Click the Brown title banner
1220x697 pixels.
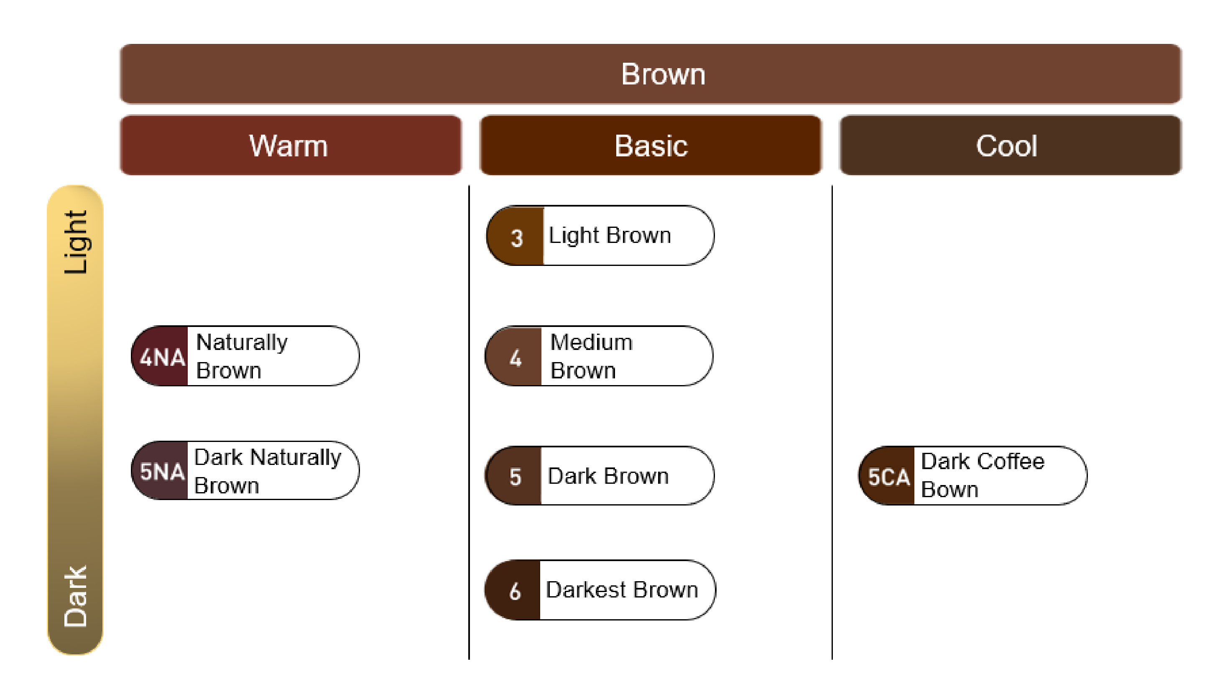coord(651,74)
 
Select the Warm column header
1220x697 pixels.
coord(291,145)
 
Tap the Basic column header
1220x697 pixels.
coord(651,145)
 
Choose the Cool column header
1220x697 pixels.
coord(1011,145)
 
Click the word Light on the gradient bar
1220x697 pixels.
coord(76,242)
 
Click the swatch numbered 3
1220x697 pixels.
coord(515,235)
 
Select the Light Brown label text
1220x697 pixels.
coord(610,235)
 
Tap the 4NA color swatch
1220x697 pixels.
coord(160,356)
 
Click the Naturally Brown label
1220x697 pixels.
coord(242,356)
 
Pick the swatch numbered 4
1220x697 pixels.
coord(513,356)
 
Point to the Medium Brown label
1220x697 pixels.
coord(592,356)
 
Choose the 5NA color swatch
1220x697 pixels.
coord(160,470)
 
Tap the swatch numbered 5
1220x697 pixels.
coord(513,476)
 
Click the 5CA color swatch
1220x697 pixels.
coord(886,476)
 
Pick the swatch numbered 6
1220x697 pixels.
coord(513,590)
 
